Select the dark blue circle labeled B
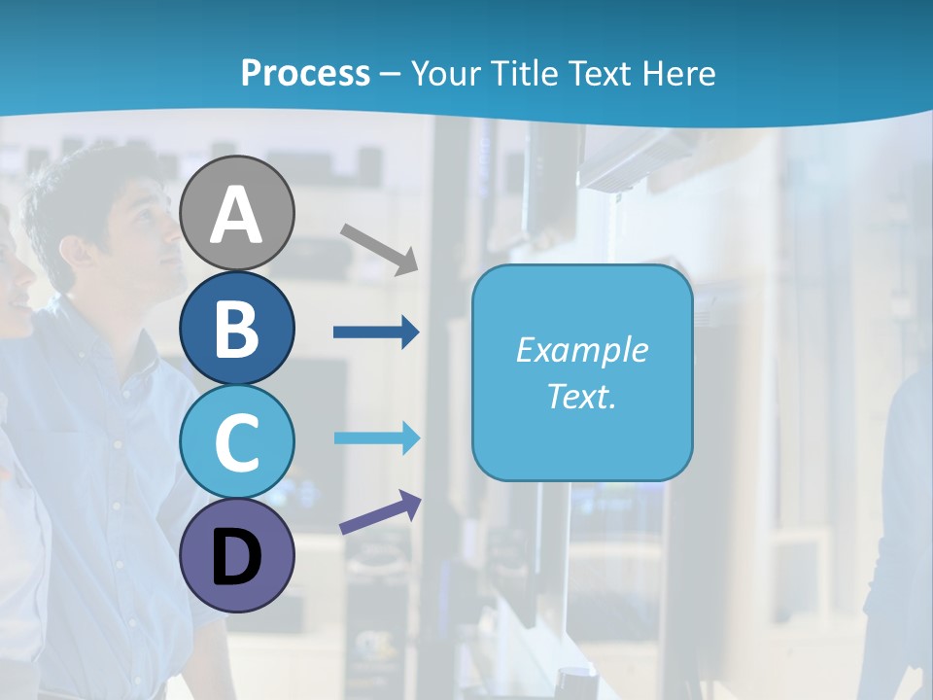click(x=237, y=328)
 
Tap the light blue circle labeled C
click(x=237, y=442)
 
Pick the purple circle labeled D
click(x=237, y=555)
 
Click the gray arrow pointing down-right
click(x=379, y=248)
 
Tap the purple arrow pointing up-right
click(x=380, y=512)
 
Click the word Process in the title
click(x=305, y=74)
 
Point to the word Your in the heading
click(x=445, y=74)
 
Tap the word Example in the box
click(x=581, y=350)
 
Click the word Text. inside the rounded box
click(x=581, y=396)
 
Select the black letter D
click(x=237, y=559)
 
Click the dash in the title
click(x=390, y=75)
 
